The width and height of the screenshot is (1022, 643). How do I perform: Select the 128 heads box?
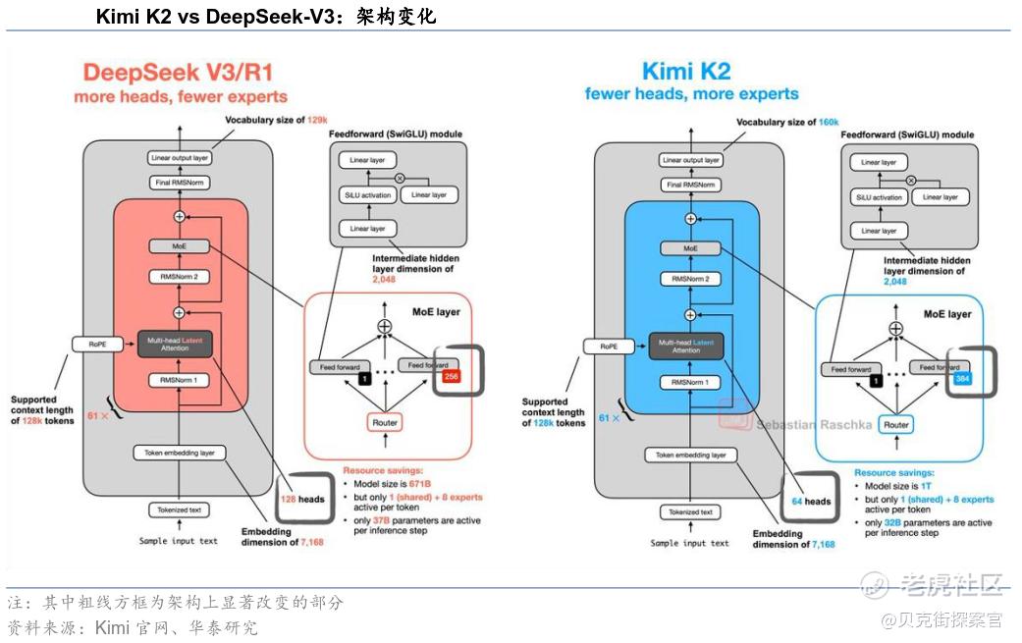click(299, 499)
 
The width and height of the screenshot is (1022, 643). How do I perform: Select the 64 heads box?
click(811, 501)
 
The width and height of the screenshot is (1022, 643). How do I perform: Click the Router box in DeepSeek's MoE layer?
click(385, 423)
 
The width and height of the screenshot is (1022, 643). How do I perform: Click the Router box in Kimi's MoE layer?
click(895, 425)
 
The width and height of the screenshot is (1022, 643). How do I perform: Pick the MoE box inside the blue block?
click(690, 249)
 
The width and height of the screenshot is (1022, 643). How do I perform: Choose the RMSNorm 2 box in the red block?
click(180, 277)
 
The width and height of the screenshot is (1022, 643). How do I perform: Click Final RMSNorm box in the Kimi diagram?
click(690, 185)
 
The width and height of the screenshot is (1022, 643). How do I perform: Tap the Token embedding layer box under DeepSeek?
click(180, 453)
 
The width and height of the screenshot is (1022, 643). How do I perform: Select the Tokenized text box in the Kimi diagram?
click(690, 512)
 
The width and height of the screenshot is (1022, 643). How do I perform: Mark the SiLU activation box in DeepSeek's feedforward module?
click(368, 194)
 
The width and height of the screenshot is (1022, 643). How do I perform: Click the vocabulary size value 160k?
click(829, 122)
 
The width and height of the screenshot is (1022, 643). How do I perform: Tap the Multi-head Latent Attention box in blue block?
click(686, 345)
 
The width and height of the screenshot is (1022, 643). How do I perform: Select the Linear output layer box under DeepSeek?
click(180, 158)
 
